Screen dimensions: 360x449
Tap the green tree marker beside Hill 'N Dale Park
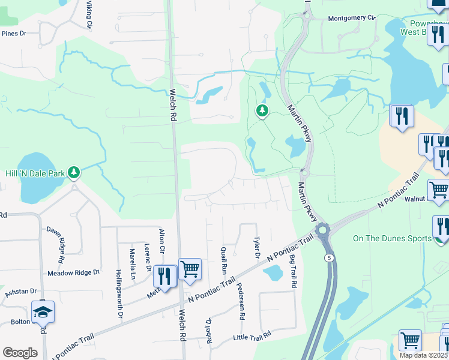coord(74,173)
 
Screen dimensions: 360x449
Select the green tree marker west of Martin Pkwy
coord(262,110)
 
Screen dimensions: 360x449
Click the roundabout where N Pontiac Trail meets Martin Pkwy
coord(324,230)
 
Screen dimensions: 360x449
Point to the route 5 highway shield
coord(329,257)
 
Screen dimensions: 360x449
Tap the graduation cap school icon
coord(43,311)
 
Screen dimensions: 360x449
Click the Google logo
coord(20,352)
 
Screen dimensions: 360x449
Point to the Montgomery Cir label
coord(351,18)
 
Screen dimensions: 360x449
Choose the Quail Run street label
coord(224,257)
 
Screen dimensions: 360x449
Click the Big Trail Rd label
coord(294,271)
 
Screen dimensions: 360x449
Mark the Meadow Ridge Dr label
coord(73,272)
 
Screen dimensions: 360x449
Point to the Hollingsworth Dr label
coord(119,294)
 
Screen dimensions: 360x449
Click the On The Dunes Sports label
coord(392,238)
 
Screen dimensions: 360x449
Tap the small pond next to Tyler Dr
coord(273,273)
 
